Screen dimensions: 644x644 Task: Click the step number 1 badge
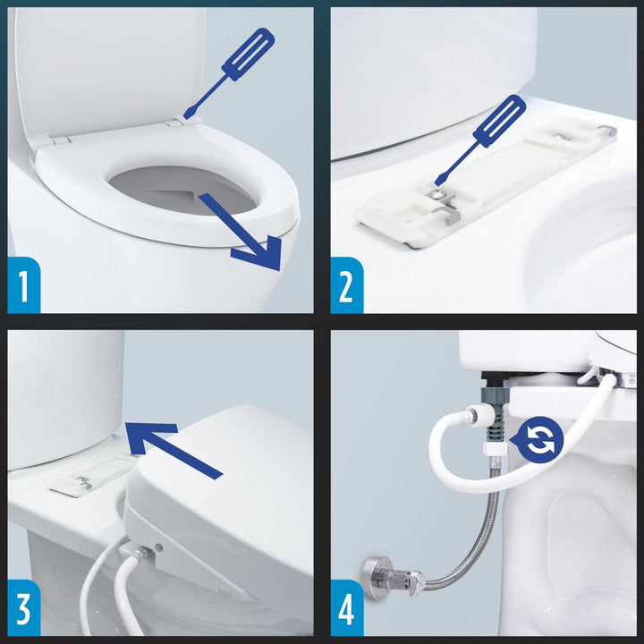24,285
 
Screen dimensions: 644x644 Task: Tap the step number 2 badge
347,285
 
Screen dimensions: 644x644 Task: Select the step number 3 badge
24,608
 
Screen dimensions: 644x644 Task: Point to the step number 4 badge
347,608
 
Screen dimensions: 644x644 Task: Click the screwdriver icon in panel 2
480,140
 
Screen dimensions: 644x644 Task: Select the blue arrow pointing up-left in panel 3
173,450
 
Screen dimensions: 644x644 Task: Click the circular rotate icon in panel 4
538,440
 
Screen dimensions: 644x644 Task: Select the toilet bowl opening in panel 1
182,190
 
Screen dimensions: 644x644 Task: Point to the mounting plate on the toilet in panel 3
92,476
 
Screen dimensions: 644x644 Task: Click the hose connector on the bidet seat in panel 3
141,553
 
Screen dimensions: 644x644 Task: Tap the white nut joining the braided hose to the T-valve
492,448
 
